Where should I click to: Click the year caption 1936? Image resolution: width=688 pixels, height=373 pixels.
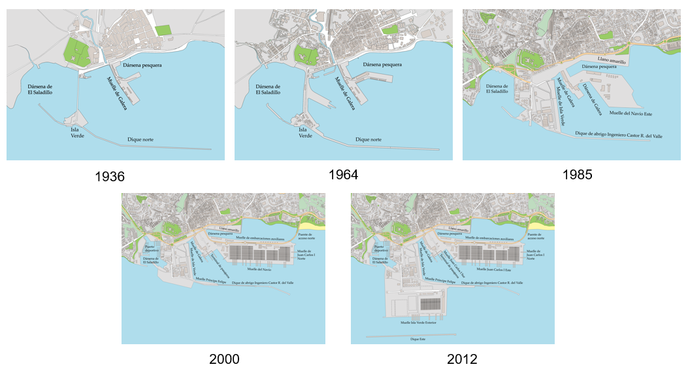tap(110, 177)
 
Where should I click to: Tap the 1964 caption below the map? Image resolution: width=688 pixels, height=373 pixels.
tap(344, 175)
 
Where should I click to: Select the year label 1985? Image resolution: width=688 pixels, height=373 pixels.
tap(576, 175)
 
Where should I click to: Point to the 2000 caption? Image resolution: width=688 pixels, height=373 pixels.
tap(224, 359)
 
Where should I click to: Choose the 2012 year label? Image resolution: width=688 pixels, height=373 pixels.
tap(462, 359)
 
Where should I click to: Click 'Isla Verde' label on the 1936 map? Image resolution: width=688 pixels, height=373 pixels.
tap(78, 133)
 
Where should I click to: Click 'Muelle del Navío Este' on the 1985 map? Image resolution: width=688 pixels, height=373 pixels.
tap(631, 113)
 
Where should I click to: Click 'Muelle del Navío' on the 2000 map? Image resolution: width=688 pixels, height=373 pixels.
tap(259, 268)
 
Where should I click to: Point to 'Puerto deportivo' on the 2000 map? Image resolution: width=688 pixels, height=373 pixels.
tap(152, 249)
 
